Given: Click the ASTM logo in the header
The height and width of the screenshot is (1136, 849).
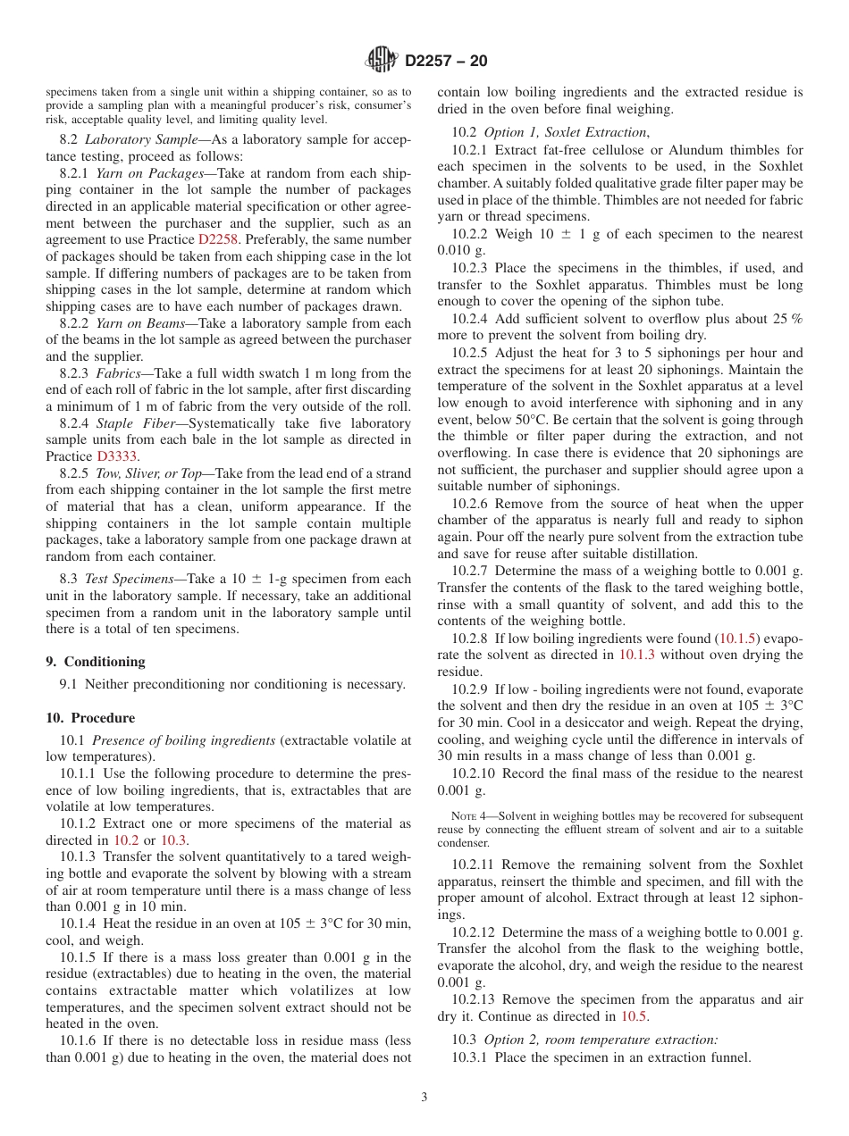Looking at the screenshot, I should [382, 61].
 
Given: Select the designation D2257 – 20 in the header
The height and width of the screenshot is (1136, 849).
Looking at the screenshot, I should [446, 62].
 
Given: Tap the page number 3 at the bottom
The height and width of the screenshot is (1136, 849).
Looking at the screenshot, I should [424, 1098].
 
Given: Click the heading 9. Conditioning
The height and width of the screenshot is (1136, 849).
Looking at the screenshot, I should [95, 662].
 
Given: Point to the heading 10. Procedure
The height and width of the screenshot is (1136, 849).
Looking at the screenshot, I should [90, 718].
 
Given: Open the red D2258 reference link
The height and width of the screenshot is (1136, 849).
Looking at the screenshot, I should [215, 239].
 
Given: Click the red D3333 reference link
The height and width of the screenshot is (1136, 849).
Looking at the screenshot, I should [117, 456].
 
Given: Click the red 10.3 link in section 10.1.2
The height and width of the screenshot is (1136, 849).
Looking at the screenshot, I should [174, 840].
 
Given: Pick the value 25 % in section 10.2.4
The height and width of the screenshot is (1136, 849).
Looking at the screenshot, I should [786, 319].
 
